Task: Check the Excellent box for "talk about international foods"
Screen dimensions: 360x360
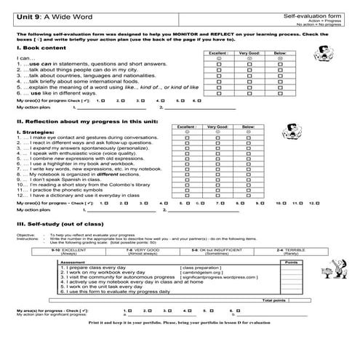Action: click(x=218, y=82)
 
